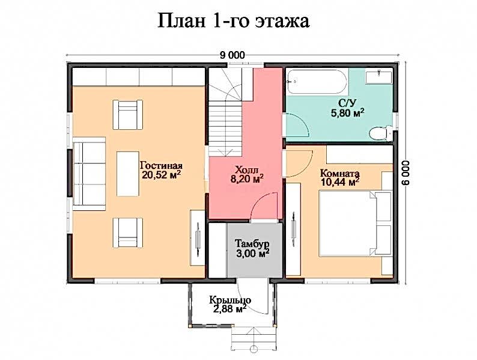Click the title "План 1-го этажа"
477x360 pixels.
click(233, 21)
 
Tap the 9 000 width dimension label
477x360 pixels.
click(232, 55)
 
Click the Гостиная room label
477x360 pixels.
click(161, 166)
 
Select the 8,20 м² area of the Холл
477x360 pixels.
click(247, 178)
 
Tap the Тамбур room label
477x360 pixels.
click(252, 244)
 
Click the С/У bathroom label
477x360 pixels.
click(347, 104)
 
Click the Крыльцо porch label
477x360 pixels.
click(230, 300)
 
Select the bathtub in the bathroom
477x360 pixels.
click(317, 82)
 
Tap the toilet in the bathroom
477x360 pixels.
click(380, 133)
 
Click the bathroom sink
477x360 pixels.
click(378, 77)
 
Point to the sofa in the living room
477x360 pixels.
click(89, 174)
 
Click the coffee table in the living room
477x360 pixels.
click(128, 174)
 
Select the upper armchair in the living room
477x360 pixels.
click(128, 115)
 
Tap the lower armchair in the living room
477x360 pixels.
click(128, 233)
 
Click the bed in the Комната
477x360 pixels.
click(355, 224)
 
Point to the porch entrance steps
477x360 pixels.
click(254, 340)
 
